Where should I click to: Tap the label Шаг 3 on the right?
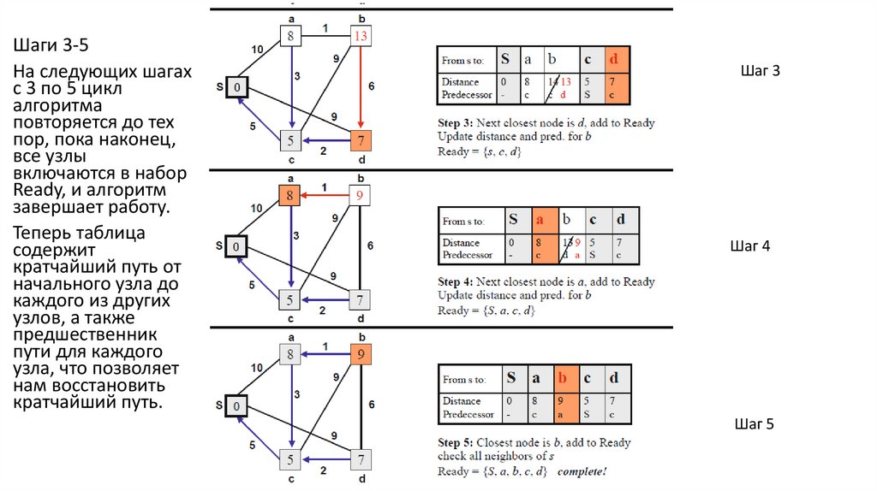[760, 70]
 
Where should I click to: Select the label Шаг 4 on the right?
[750, 246]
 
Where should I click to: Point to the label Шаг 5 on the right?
[754, 423]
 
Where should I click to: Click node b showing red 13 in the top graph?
[360, 36]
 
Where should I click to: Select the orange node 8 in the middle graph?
[291, 196]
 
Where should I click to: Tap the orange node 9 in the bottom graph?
[361, 354]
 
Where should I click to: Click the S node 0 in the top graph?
[239, 86]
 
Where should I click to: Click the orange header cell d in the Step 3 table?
[616, 60]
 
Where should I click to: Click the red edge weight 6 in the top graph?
[371, 86]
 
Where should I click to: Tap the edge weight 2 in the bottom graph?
[323, 470]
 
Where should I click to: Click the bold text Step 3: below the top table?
[455, 122]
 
